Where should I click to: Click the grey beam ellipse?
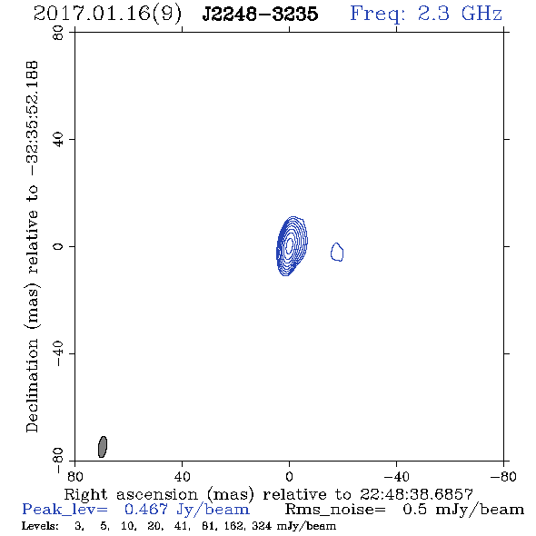click(103, 447)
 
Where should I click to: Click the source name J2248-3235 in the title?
click(260, 14)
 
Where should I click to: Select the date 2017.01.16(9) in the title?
click(107, 15)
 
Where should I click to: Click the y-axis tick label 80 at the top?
click(59, 33)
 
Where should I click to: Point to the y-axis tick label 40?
click(59, 140)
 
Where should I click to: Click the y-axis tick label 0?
click(59, 246)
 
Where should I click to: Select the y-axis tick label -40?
click(59, 353)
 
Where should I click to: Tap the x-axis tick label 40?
click(183, 477)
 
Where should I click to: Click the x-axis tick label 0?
click(289, 477)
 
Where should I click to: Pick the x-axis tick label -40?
click(396, 477)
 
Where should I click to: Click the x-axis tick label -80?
click(503, 477)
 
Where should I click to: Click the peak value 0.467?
click(146, 509)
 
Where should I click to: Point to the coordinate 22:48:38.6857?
click(416, 494)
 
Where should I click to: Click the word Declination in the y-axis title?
click(32, 385)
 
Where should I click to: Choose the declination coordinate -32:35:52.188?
click(33, 118)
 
